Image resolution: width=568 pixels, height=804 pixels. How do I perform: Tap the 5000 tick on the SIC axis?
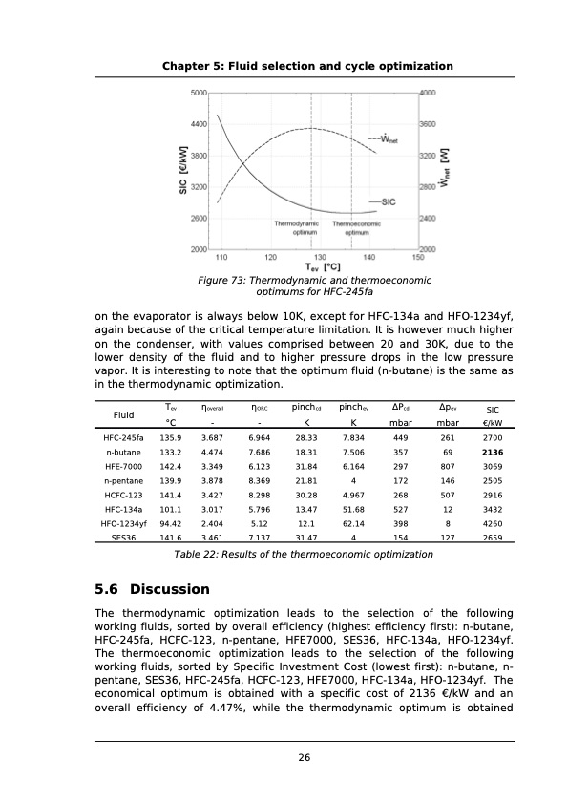pyautogui.click(x=199, y=93)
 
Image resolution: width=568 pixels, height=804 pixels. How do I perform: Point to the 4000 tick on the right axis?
pyautogui.click(x=428, y=93)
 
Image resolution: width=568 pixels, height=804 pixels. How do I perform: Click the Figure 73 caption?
pyautogui.click(x=313, y=286)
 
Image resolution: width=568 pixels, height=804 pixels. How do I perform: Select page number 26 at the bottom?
pyautogui.click(x=305, y=758)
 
